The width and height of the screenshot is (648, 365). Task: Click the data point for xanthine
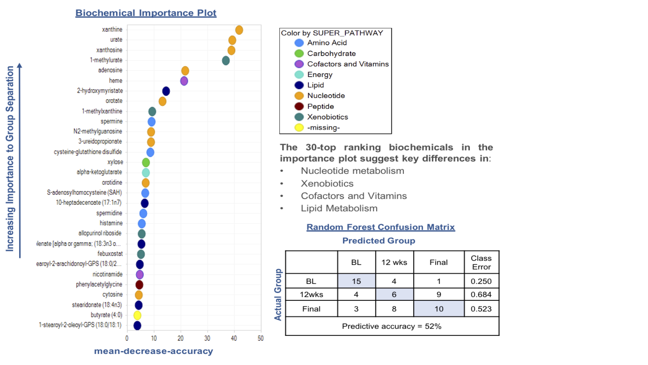(239, 30)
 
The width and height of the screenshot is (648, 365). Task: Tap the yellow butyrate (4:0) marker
(137, 315)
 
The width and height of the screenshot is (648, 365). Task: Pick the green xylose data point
(146, 162)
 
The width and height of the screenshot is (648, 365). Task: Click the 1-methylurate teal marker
(226, 60)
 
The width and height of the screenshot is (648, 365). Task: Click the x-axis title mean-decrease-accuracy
(153, 351)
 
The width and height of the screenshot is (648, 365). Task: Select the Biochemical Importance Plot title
(146, 13)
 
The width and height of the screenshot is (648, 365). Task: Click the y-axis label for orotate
(114, 101)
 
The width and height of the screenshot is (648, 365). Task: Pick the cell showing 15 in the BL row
(356, 281)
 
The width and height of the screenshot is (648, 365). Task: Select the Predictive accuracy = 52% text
(391, 326)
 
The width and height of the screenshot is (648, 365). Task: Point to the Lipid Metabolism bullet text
(339, 208)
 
